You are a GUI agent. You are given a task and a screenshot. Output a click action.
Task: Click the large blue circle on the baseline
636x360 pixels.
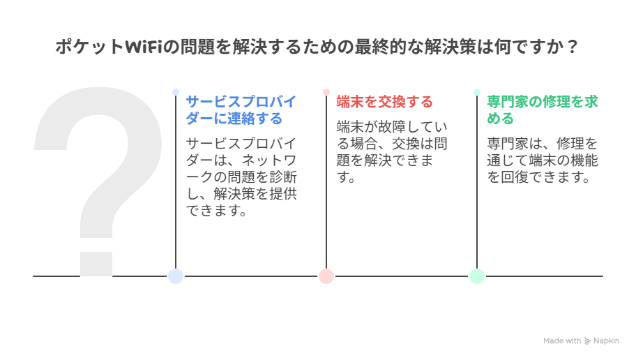[176, 276]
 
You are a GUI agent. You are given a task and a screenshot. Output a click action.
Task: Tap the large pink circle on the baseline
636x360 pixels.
[326, 276]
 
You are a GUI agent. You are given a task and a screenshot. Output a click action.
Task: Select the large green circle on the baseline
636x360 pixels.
[477, 276]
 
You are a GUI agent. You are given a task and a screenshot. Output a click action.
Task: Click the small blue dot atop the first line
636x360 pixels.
[176, 91]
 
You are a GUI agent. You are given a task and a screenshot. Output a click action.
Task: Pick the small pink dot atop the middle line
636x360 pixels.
[326, 91]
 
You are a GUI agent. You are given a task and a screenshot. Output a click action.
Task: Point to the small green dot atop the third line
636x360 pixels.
[477, 91]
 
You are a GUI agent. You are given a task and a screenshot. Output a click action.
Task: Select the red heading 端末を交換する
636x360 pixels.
[384, 102]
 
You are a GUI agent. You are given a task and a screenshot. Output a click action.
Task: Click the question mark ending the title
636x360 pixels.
[573, 47]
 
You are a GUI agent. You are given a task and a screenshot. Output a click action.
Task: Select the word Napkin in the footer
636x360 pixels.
[605, 340]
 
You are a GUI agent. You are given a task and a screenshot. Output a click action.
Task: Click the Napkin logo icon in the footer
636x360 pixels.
[587, 340]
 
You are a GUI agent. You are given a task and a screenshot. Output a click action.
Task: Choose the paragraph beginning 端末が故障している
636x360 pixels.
[391, 151]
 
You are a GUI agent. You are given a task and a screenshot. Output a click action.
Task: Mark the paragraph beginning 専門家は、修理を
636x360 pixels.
[542, 160]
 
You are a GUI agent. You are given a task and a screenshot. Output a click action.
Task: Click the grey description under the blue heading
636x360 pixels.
[241, 177]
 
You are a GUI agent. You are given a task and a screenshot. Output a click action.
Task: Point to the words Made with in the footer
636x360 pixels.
[561, 340]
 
